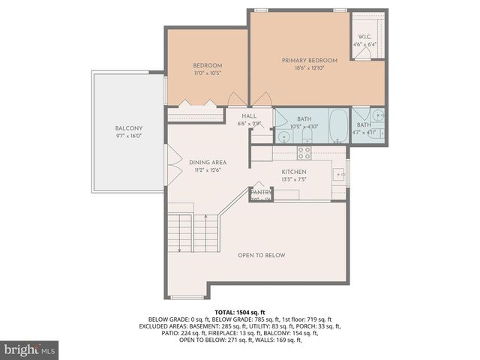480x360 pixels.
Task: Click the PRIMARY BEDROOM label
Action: [x=309, y=60]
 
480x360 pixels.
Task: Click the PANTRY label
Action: [x=260, y=193]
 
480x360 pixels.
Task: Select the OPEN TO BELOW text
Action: [x=262, y=255]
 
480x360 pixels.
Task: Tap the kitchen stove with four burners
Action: [x=304, y=152]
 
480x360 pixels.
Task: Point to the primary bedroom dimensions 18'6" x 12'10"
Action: [x=309, y=68]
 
